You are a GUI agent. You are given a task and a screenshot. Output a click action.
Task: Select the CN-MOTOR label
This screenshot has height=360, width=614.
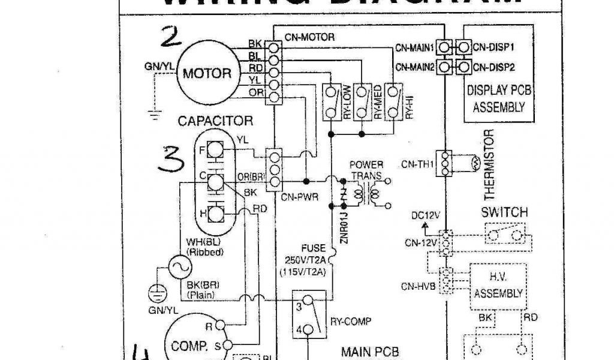310,37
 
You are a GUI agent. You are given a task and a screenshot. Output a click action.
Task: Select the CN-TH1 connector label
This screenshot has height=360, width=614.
416,164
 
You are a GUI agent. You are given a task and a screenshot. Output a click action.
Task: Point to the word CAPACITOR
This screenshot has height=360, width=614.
216,121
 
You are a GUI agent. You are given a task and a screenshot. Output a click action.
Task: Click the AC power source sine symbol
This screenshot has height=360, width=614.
178,268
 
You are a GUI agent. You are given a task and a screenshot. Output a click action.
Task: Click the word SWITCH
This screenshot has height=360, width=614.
505,212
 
